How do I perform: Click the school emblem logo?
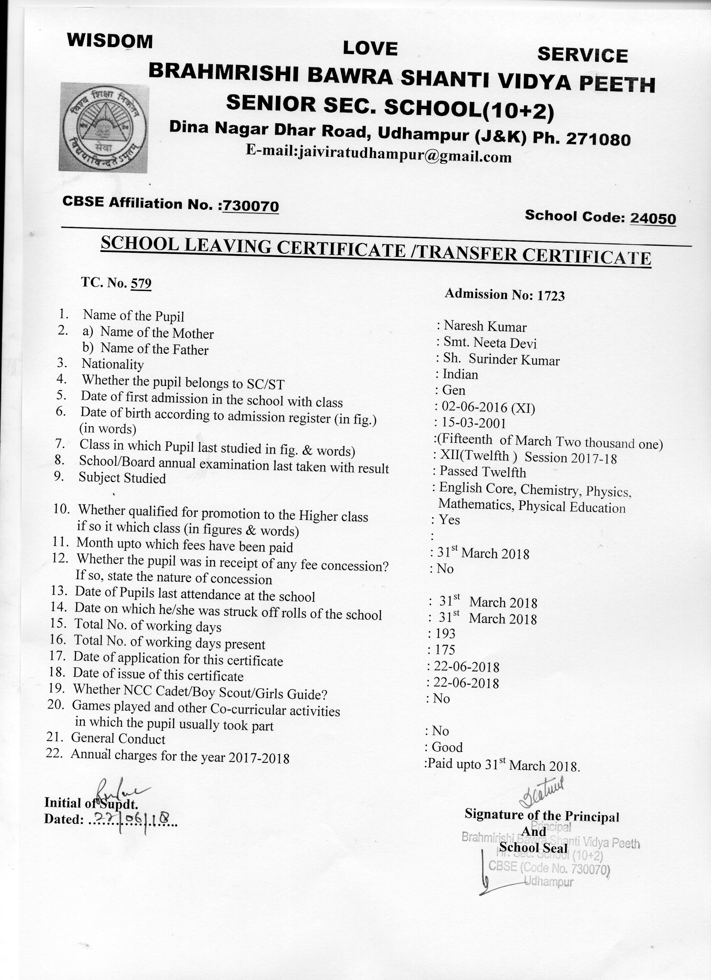pyautogui.click(x=104, y=127)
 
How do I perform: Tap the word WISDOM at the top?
pyautogui.click(x=110, y=41)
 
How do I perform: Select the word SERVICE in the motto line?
pyautogui.click(x=582, y=55)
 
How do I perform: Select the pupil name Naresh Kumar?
pyautogui.click(x=485, y=327)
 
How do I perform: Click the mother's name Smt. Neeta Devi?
pyautogui.click(x=490, y=343)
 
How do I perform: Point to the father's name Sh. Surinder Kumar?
pyautogui.click(x=501, y=359)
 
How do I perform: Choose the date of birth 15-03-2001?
pyautogui.click(x=473, y=423)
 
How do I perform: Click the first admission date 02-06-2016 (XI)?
pyautogui.click(x=488, y=407)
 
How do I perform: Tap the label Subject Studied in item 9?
pyautogui.click(x=122, y=478)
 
